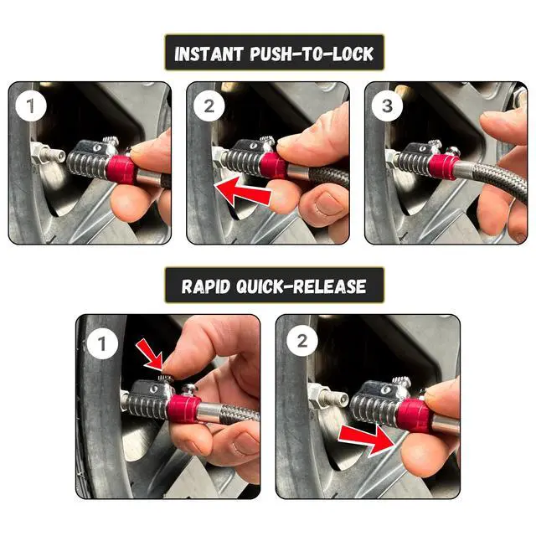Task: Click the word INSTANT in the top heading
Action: [x=208, y=54]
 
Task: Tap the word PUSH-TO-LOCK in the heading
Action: [x=312, y=54]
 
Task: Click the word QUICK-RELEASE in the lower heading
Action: [x=301, y=286]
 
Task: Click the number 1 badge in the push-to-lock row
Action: [x=31, y=106]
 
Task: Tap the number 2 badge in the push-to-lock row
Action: [x=209, y=106]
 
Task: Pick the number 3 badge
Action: [x=387, y=106]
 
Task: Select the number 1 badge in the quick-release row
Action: [x=102, y=343]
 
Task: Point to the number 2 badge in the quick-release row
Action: [x=302, y=341]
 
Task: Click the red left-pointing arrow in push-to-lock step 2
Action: [x=243, y=192]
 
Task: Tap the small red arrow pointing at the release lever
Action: [x=150, y=355]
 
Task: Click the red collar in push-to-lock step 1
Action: [x=121, y=170]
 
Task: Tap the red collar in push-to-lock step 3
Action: [x=441, y=167]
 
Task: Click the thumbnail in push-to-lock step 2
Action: [x=327, y=204]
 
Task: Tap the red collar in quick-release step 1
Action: [x=183, y=409]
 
